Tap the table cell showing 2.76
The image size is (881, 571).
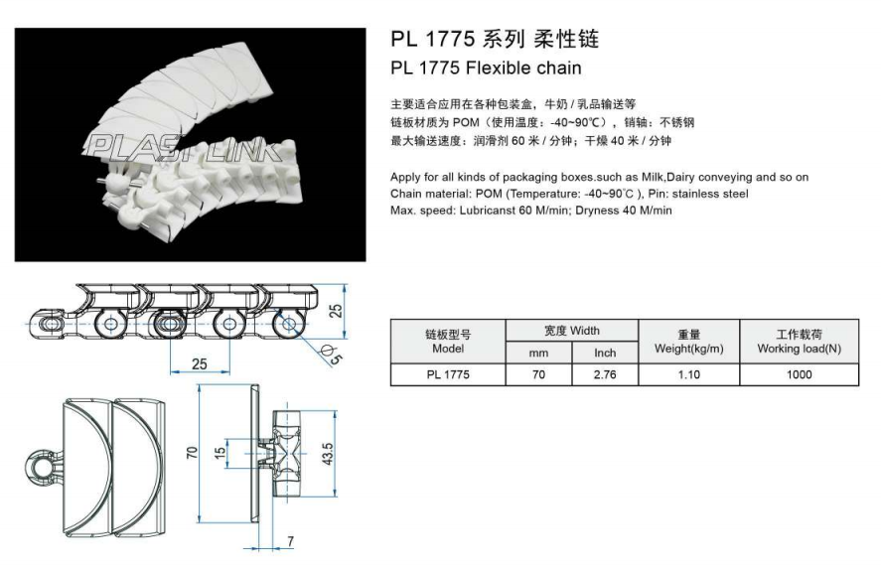click(x=605, y=374)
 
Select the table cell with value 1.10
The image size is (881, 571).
click(x=687, y=374)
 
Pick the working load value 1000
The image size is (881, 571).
click(x=799, y=374)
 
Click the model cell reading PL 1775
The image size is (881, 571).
click(x=448, y=374)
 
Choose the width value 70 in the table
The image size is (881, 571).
click(x=538, y=374)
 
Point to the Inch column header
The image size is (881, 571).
click(x=605, y=353)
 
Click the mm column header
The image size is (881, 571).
click(x=538, y=353)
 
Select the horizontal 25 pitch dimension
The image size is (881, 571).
click(x=200, y=363)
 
